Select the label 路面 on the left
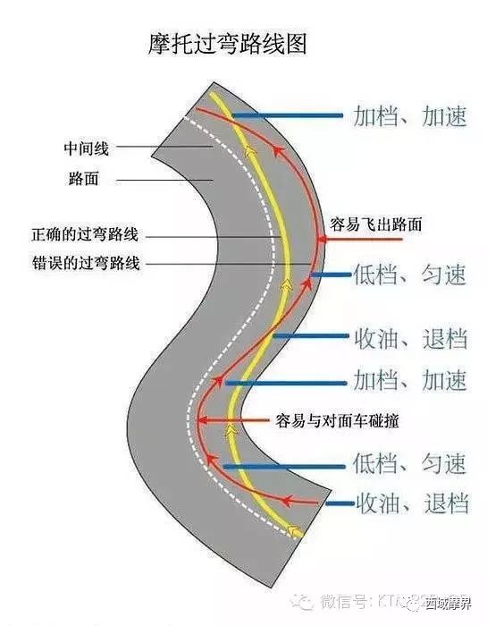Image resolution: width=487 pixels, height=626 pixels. point(82,179)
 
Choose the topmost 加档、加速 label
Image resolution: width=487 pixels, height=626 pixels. point(410,116)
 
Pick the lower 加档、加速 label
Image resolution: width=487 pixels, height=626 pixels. point(410,381)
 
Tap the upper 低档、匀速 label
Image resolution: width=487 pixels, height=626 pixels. point(410,275)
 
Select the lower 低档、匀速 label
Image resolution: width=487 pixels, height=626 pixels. point(410,464)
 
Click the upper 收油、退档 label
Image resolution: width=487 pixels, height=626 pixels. point(410,338)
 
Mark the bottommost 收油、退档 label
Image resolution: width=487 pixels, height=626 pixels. point(410,503)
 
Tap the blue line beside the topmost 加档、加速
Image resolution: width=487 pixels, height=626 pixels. point(286,116)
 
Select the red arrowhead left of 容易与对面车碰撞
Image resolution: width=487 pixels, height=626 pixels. point(203,419)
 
